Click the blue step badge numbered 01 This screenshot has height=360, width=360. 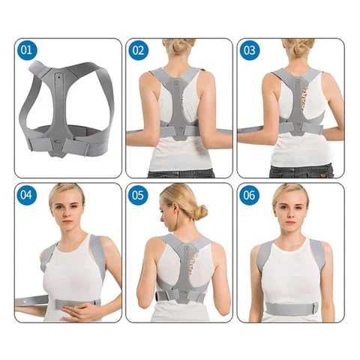27,50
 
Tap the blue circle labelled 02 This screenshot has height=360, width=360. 138,50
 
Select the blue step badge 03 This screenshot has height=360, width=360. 250,50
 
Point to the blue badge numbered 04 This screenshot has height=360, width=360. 27,195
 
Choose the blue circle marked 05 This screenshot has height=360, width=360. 138,195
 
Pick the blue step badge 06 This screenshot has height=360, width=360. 249,195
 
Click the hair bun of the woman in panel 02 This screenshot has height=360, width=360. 179,46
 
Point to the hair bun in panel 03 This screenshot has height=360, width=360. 299,46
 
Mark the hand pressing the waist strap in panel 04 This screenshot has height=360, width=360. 79,310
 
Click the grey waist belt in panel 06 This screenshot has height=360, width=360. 292,308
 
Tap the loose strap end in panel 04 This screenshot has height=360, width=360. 31,301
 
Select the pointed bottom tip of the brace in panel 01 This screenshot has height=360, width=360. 57,156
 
